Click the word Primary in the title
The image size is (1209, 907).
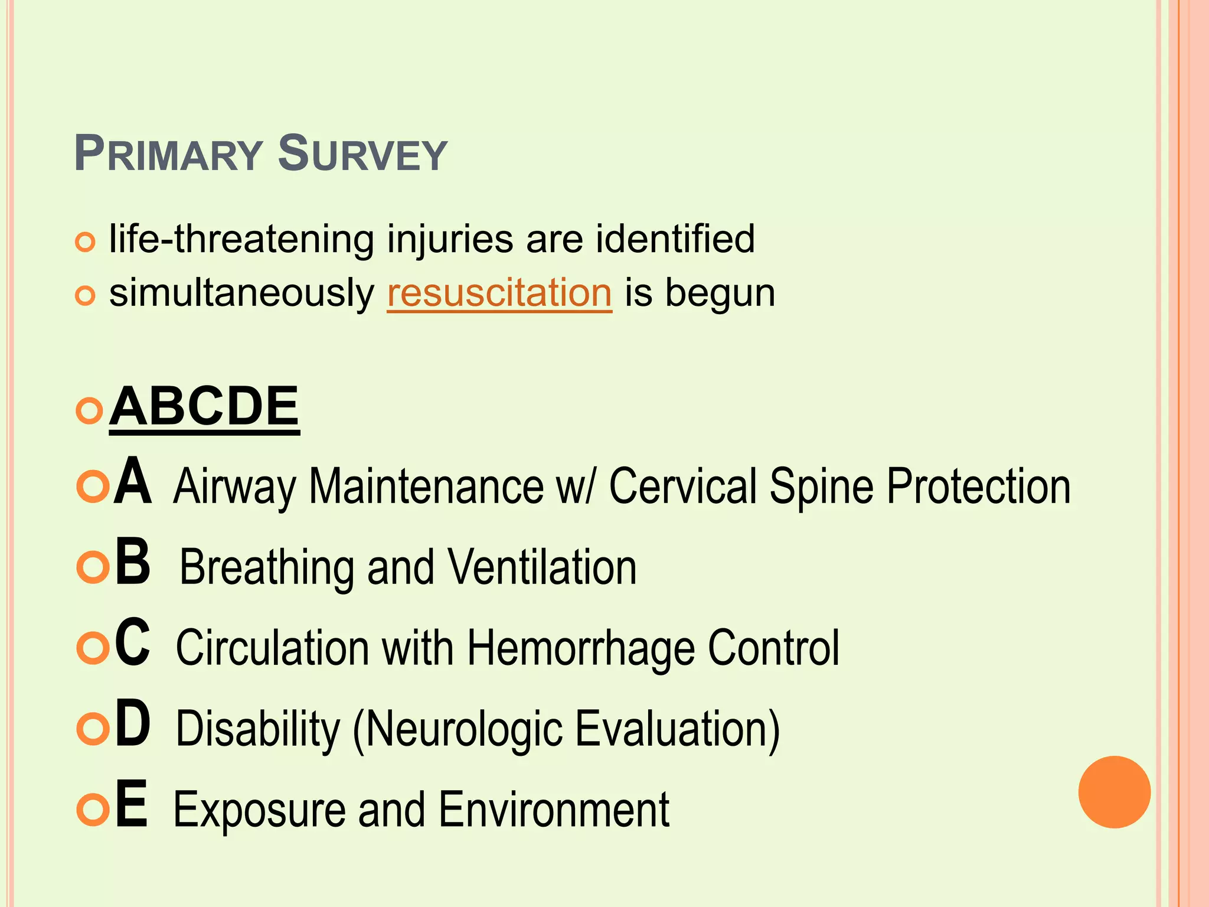[168, 155]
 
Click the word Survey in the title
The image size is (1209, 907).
[362, 155]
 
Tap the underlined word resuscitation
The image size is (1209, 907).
[499, 293]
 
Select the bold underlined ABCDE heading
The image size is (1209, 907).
[204, 407]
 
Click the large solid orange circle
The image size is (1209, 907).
[1114, 792]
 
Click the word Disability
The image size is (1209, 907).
[258, 729]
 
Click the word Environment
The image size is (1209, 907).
[554, 810]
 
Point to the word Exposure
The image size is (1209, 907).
[258, 811]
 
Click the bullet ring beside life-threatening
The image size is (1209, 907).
[86, 242]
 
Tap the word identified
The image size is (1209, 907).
[675, 239]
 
